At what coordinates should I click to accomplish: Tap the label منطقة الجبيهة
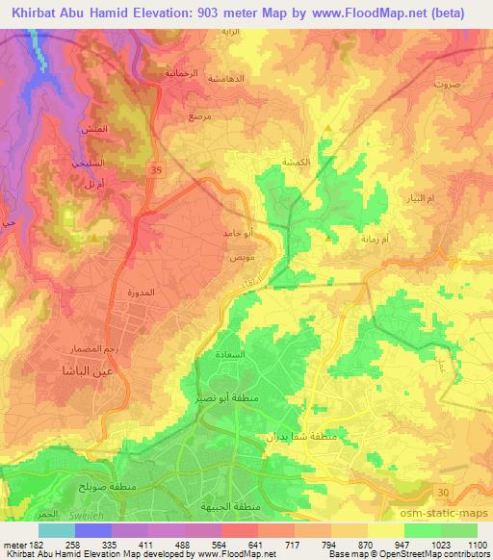point(218,506)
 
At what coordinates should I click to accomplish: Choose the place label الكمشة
point(293,163)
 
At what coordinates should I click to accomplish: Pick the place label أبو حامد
point(239,233)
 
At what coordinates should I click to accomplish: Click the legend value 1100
point(477,544)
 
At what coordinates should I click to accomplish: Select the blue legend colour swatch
point(92,530)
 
